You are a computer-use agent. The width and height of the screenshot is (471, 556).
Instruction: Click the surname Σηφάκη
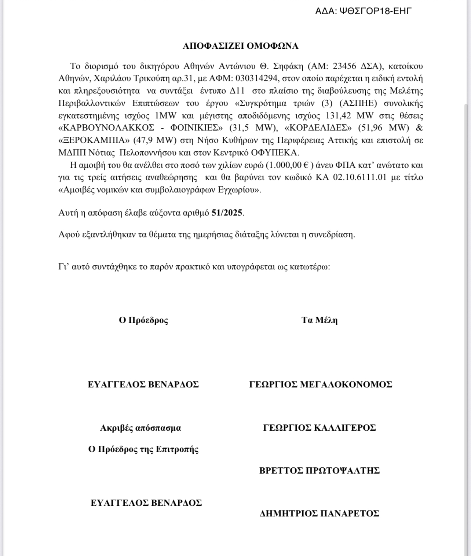coord(288,66)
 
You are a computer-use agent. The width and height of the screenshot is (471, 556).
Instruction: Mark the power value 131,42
coord(338,115)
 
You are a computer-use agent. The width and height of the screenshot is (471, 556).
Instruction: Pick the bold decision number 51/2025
coord(227,213)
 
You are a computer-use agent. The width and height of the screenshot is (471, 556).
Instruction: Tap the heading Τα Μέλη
coord(319,320)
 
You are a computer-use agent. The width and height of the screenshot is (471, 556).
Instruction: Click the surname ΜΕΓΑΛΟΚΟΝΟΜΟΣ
coord(346,384)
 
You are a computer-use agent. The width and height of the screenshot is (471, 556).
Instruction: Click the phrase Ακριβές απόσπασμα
coord(140,428)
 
